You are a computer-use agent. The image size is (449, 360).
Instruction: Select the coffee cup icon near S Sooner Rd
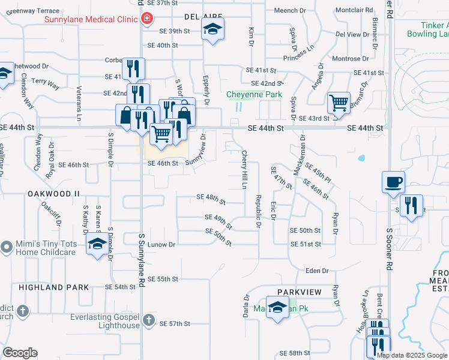click(393, 181)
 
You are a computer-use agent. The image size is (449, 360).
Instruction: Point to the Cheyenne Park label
click(254, 94)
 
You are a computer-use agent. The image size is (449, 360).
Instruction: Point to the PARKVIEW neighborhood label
click(300, 292)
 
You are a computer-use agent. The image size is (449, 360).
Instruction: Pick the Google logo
click(20, 353)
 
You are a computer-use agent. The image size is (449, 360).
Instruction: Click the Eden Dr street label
click(318, 271)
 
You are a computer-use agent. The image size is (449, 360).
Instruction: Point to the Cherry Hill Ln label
click(244, 170)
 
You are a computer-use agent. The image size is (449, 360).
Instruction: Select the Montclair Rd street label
click(354, 10)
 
